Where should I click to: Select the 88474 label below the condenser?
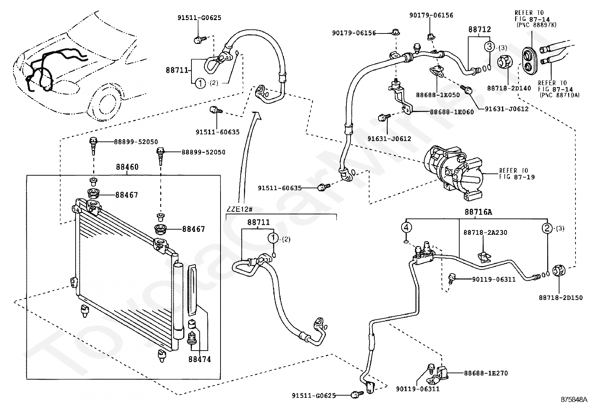tap(199, 359)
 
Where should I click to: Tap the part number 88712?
tap(479, 29)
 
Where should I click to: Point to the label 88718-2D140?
tap(504, 88)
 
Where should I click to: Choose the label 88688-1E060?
tap(452, 112)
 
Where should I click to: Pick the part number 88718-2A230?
tap(485, 233)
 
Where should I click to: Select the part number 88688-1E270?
tap(486, 373)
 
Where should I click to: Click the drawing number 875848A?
tap(574, 400)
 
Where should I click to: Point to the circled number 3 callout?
tap(489, 47)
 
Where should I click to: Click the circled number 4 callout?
tap(407, 227)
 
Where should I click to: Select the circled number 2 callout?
tap(547, 228)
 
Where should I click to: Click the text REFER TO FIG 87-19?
tap(517, 174)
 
